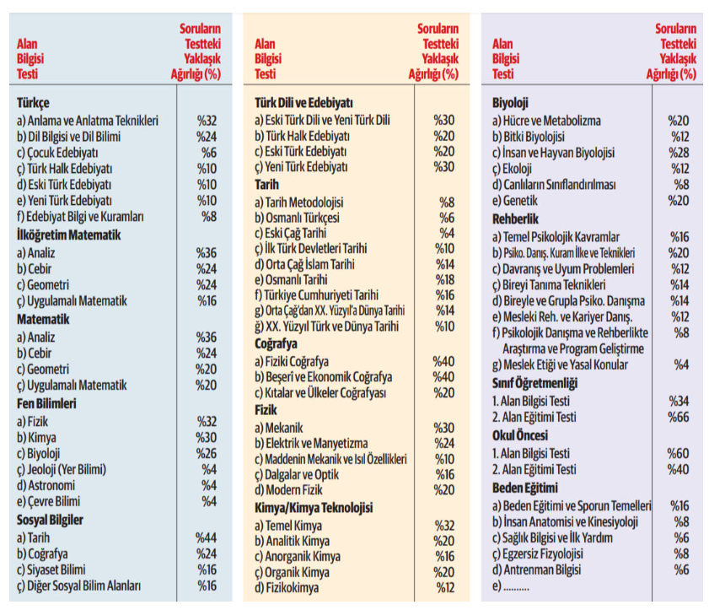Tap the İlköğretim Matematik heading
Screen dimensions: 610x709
[70, 235]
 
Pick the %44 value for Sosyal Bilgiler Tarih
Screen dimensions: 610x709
[207, 537]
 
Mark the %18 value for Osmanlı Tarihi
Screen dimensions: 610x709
[444, 278]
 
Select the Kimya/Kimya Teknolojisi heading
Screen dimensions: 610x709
[314, 508]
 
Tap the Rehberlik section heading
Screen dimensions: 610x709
[516, 219]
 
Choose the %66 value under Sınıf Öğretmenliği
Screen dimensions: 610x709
[679, 417]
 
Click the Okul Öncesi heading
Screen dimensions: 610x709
[520, 435]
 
